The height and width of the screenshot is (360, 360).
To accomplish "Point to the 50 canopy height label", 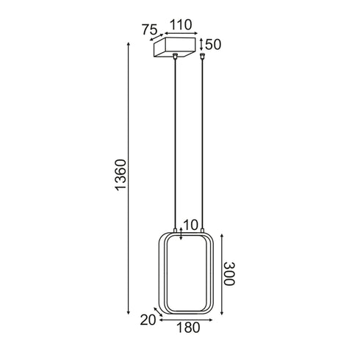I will click(213, 45).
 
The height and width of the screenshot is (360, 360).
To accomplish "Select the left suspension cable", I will click(175, 147).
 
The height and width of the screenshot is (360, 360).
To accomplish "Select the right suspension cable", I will click(201, 147).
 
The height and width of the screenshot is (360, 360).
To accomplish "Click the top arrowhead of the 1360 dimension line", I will click(130, 46).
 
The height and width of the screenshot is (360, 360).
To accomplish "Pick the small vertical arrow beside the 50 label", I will click(203, 45).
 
